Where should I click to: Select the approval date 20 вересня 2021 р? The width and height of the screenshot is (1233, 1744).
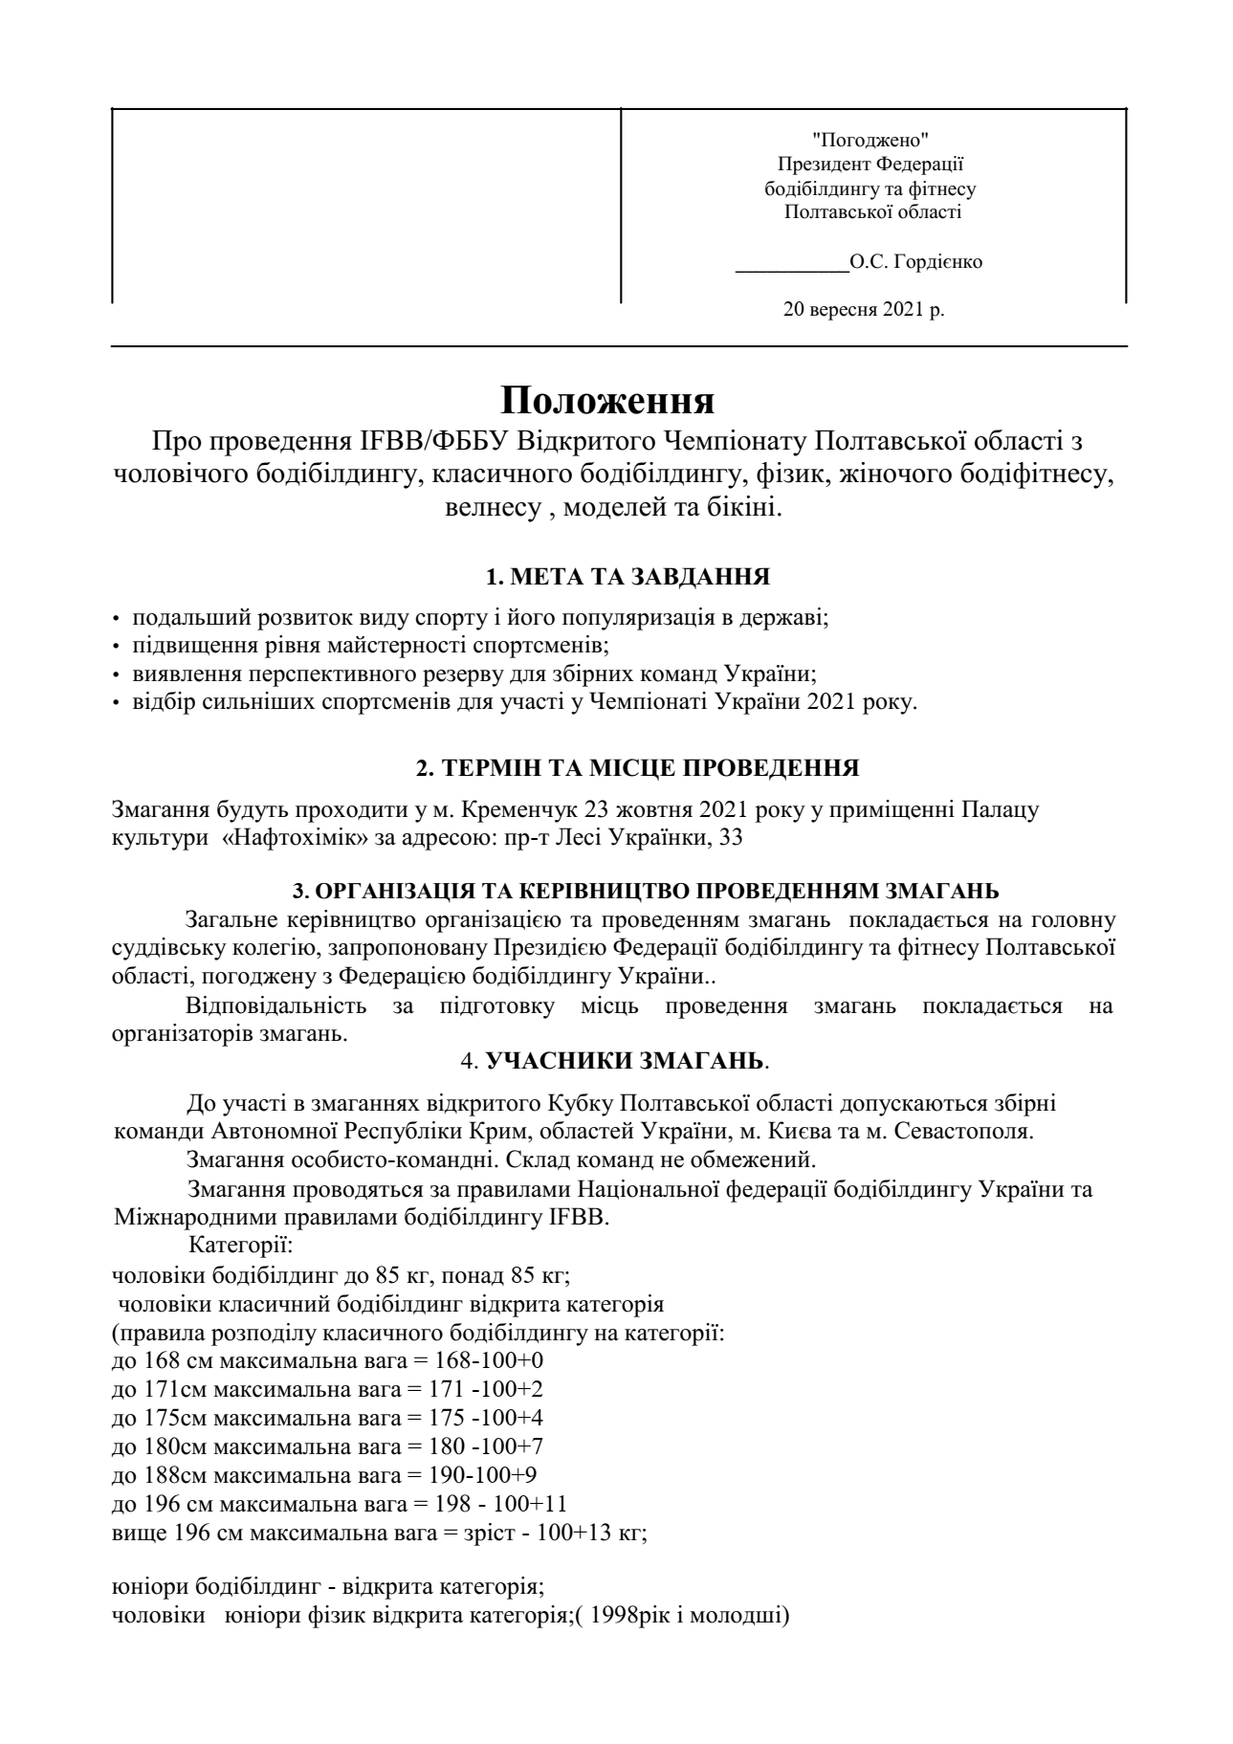pyautogui.click(x=864, y=309)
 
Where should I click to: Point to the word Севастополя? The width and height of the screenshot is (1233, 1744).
pyautogui.click(x=964, y=1131)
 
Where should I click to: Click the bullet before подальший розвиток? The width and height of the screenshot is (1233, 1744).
pyautogui.click(x=118, y=619)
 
